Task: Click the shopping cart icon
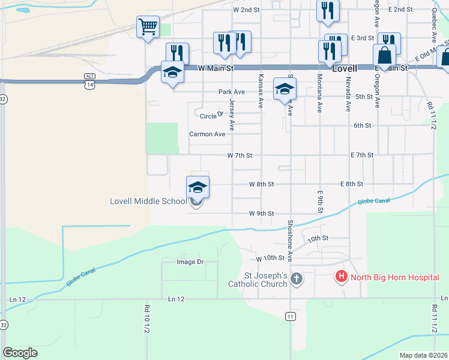148,26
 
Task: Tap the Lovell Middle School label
148,201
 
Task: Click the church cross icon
296,278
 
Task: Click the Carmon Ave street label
207,134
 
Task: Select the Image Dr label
190,262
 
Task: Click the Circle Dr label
211,116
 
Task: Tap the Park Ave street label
232,92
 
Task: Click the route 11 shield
291,316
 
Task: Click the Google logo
20,352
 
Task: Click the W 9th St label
261,214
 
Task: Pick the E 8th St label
352,184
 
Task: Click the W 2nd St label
246,10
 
